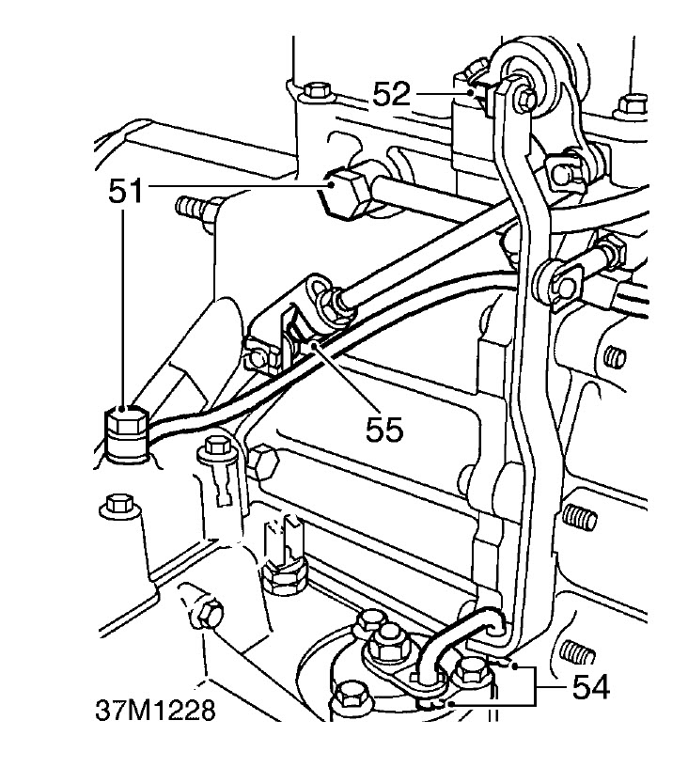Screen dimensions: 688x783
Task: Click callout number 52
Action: [391, 94]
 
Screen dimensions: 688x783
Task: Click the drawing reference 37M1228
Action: [155, 710]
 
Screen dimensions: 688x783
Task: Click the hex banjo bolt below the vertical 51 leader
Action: [127, 433]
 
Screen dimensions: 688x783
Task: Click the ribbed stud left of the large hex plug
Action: [194, 207]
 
